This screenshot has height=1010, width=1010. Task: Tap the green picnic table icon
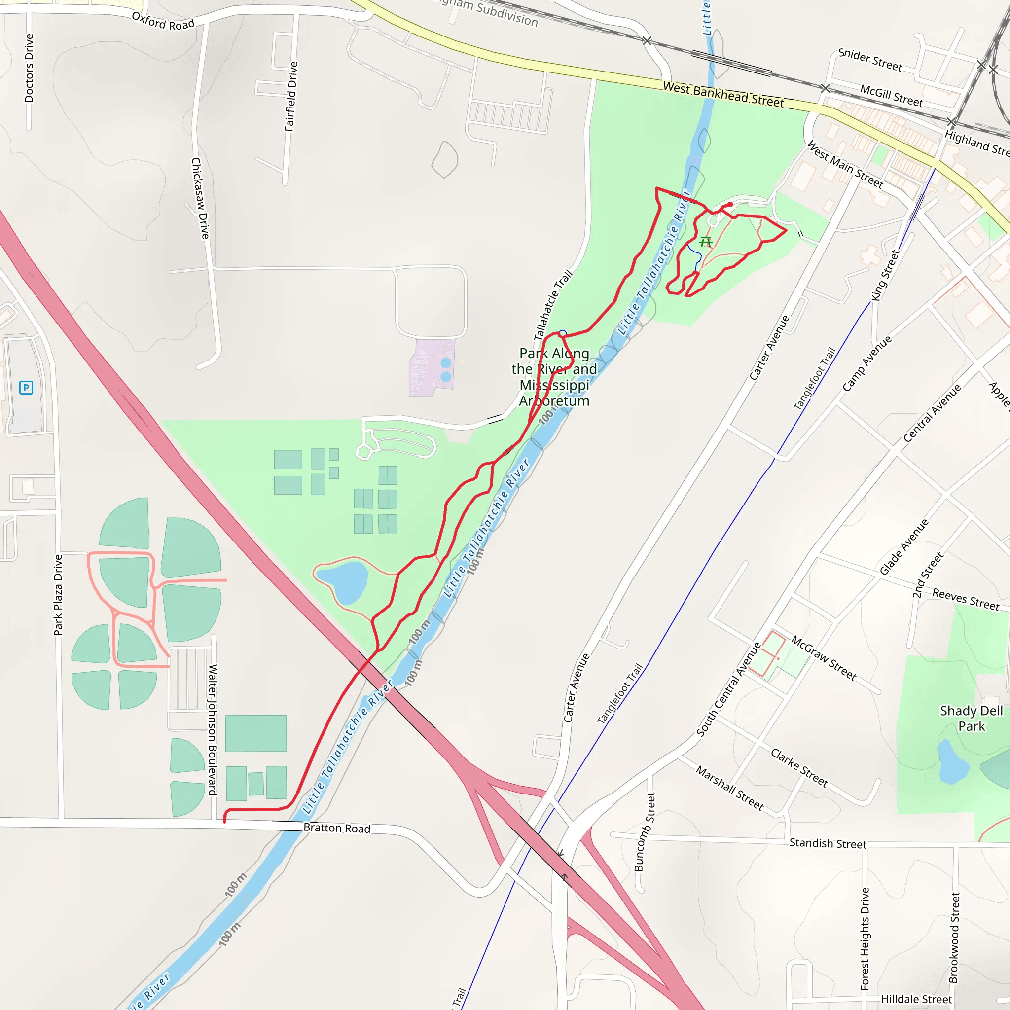[706, 242]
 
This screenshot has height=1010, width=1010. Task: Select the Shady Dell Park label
[972, 718]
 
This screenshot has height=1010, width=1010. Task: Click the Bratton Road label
[337, 828]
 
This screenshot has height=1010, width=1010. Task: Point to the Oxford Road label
[163, 21]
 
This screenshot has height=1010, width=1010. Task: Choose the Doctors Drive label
[29, 68]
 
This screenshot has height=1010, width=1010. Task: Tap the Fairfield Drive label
[291, 96]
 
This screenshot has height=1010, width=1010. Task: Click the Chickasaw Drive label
[200, 198]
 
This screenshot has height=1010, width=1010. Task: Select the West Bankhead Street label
[723, 95]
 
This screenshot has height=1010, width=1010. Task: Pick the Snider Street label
[870, 60]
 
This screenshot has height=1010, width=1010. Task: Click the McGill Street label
[891, 96]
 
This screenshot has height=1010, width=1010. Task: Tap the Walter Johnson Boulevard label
[213, 729]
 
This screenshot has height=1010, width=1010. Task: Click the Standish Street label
[828, 843]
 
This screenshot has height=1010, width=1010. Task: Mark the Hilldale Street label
[916, 999]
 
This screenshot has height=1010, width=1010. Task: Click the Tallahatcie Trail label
[552, 305]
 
